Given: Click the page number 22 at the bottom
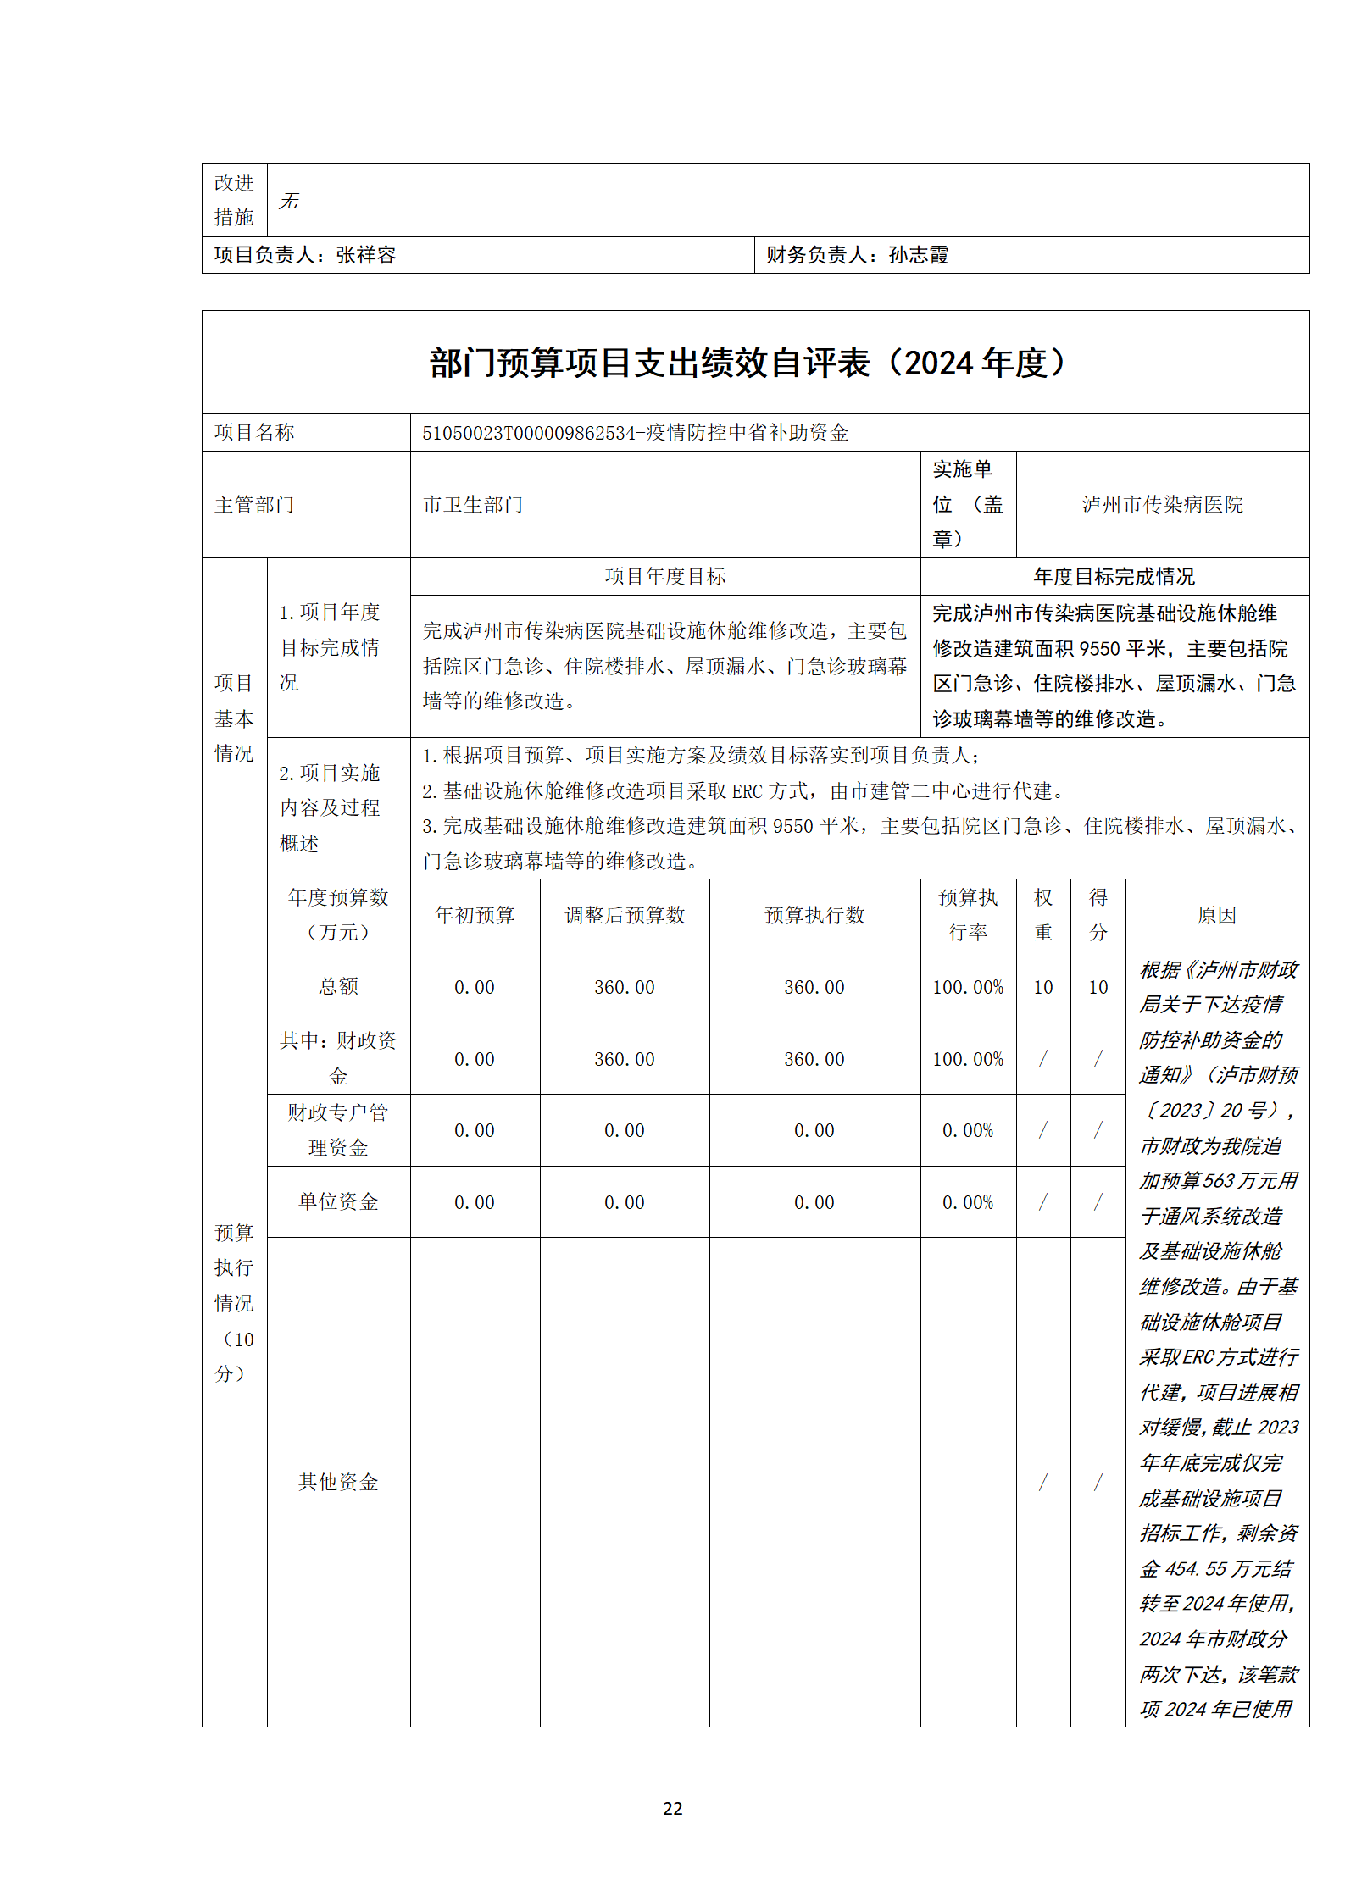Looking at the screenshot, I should pyautogui.click(x=672, y=1808).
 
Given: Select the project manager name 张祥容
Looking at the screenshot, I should pyautogui.click(x=366, y=255).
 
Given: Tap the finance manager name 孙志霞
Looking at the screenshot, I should pyautogui.click(x=919, y=255).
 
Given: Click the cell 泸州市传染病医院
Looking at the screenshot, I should pyautogui.click(x=1162, y=505).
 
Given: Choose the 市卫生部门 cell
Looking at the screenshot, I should pyautogui.click(x=473, y=505).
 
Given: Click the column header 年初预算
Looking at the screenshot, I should pyautogui.click(x=475, y=915).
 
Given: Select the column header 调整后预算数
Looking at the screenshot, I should pyautogui.click(x=625, y=915).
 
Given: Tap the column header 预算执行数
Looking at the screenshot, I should pyautogui.click(x=814, y=915).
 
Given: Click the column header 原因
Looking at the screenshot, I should pyautogui.click(x=1216, y=915).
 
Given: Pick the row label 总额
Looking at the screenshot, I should pyautogui.click(x=338, y=987).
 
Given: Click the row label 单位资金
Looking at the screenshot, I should pyautogui.click(x=338, y=1202).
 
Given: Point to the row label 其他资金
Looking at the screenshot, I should pyautogui.click(x=338, y=1482).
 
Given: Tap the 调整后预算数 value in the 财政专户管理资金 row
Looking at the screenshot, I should pyautogui.click(x=625, y=1131).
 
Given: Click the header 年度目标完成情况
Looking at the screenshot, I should pyautogui.click(x=1114, y=577).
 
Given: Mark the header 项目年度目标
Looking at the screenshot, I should pyautogui.click(x=665, y=577).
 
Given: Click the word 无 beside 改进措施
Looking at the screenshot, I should pyautogui.click(x=289, y=201).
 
